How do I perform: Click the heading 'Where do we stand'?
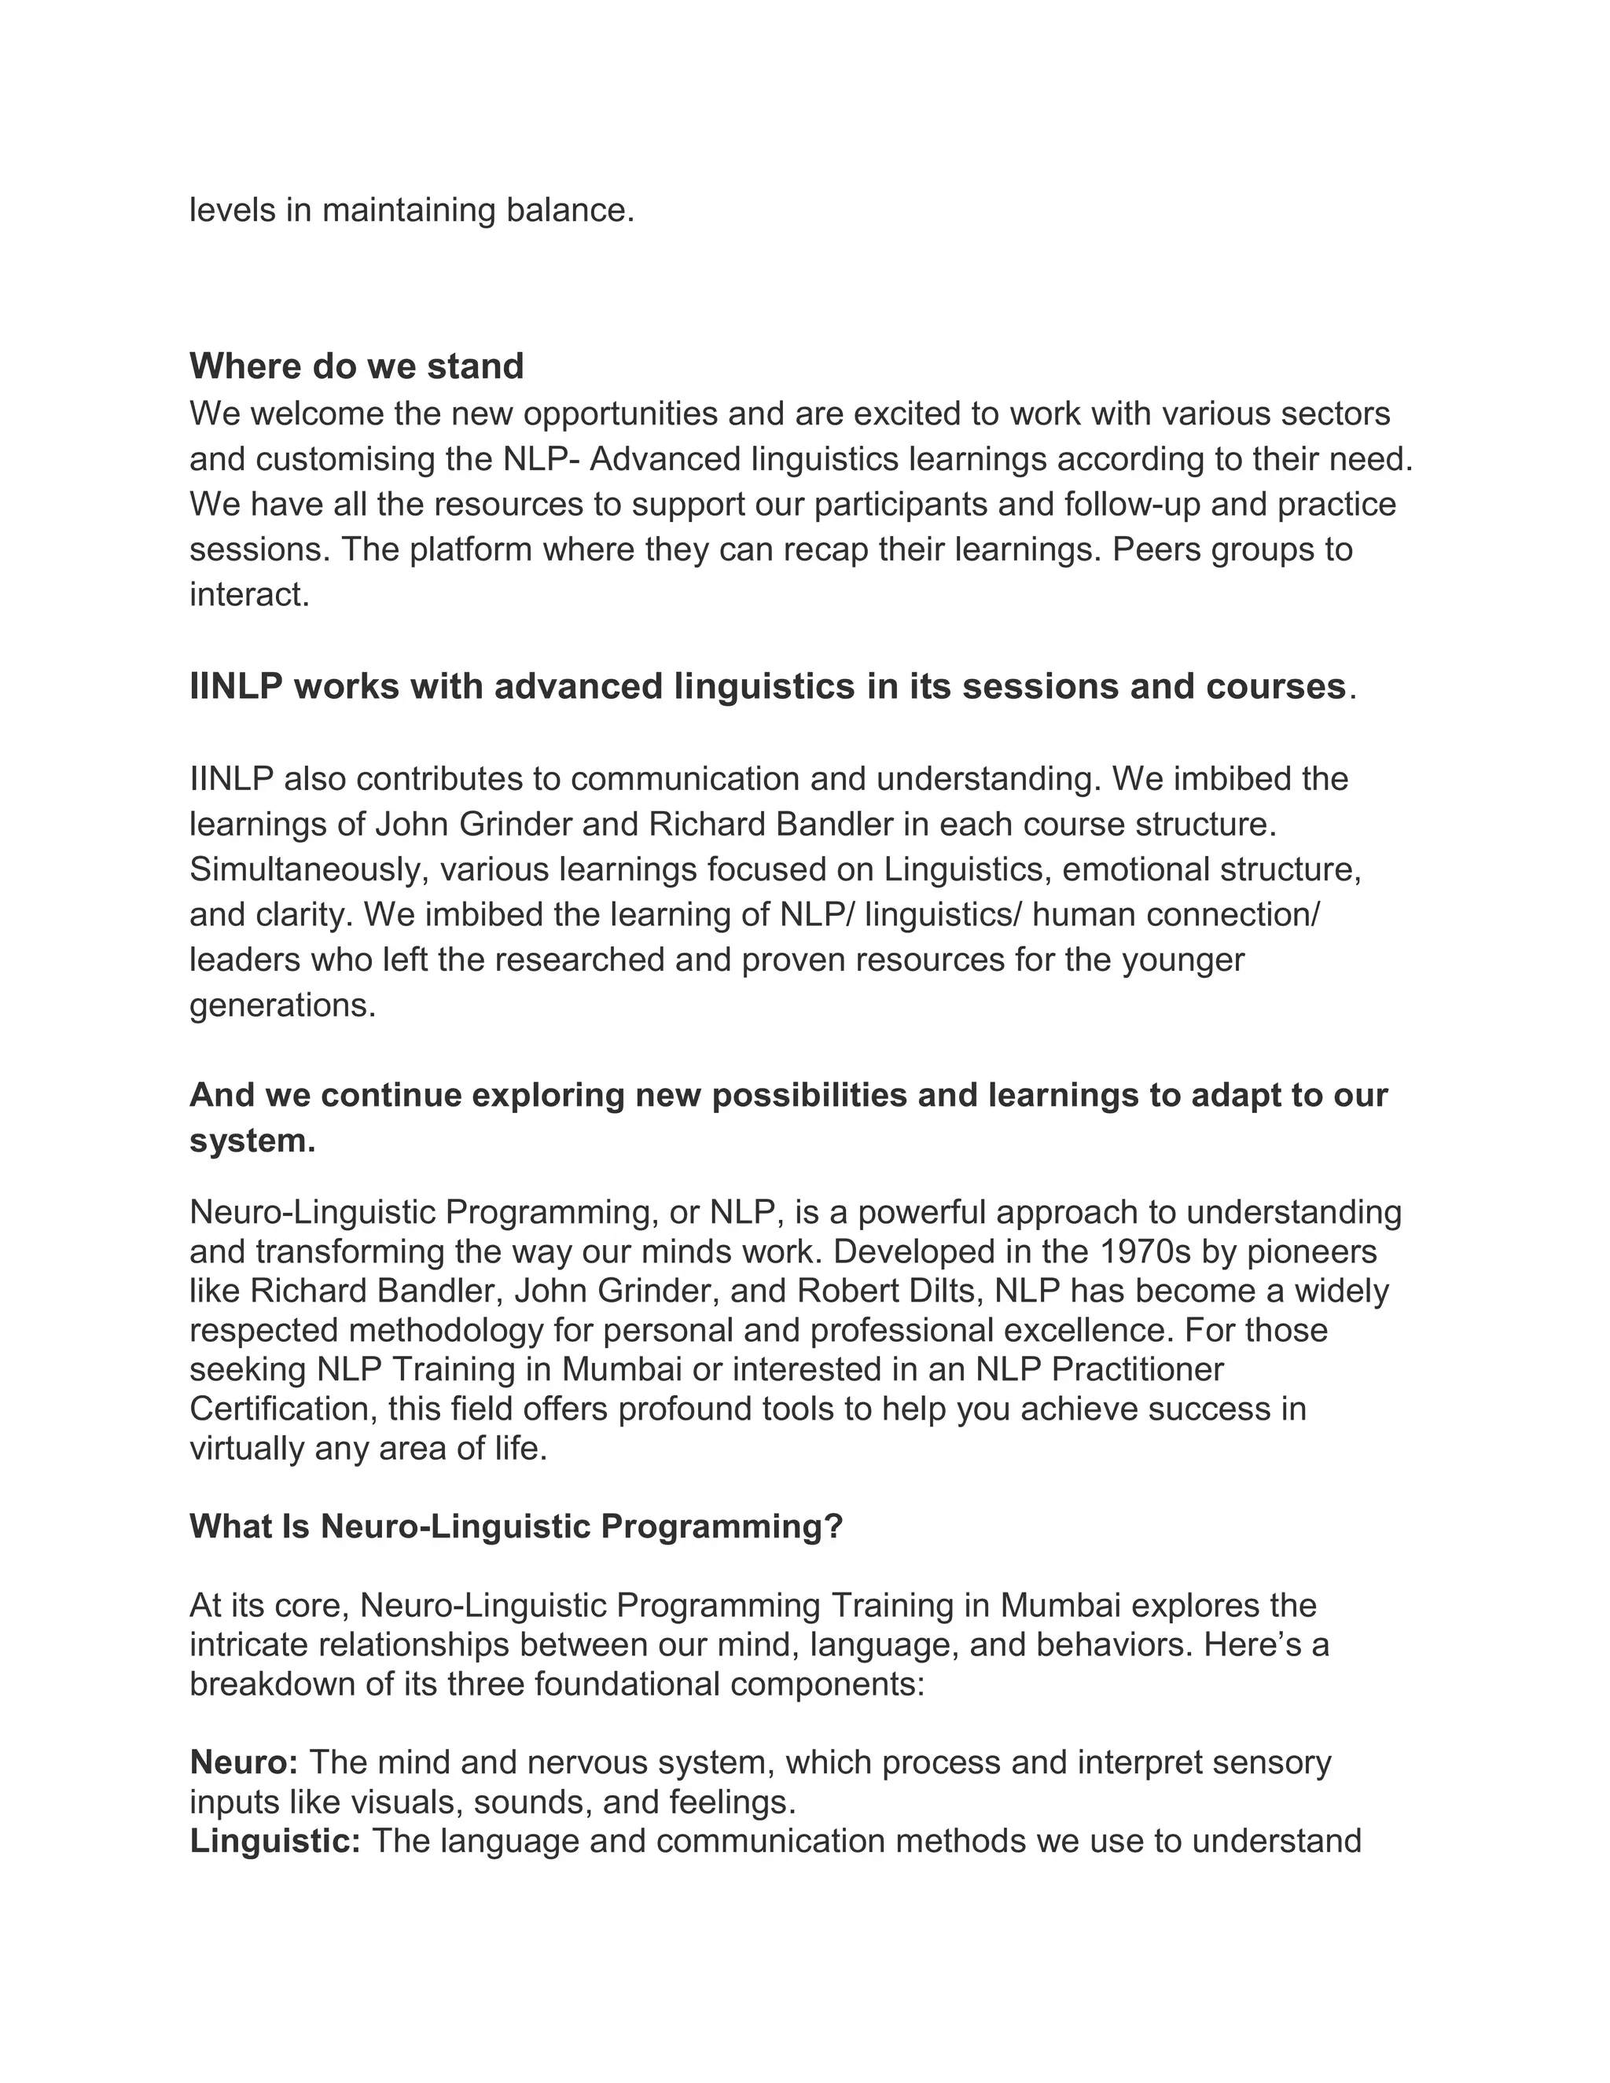357,366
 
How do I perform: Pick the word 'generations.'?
282,1005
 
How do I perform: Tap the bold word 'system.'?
252,1141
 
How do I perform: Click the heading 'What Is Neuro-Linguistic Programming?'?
516,1526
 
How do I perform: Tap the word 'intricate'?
248,1645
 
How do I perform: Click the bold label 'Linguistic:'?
274,1841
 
